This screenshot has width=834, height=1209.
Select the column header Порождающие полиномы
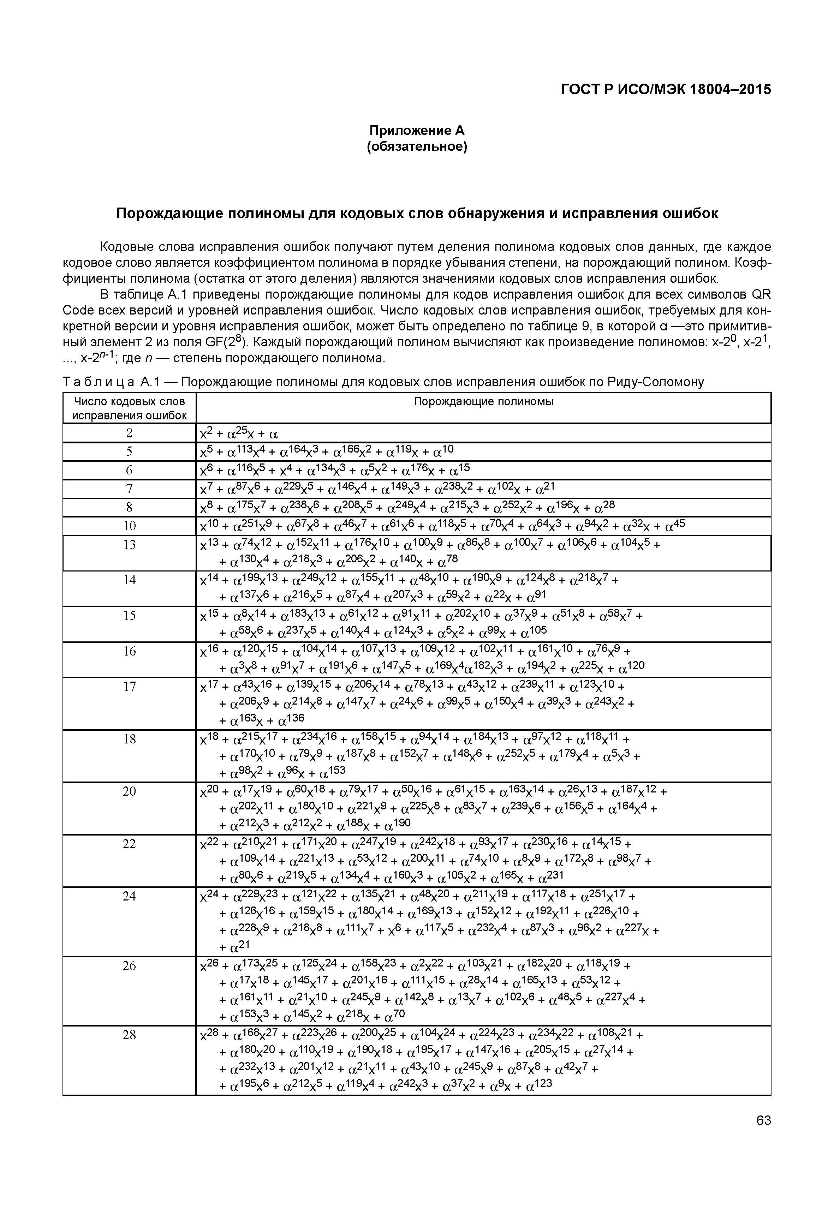pos(483,401)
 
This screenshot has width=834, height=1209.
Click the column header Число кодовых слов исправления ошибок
pos(129,408)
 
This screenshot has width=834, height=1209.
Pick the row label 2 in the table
pos(129,433)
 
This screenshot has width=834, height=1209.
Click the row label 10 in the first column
pos(129,525)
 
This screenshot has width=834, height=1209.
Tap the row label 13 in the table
pos(129,544)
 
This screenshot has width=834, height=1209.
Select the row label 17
pos(129,687)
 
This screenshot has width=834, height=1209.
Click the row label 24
pos(129,897)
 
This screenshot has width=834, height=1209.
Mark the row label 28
pos(129,1035)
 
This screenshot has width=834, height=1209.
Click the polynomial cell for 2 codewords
pos(239,433)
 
